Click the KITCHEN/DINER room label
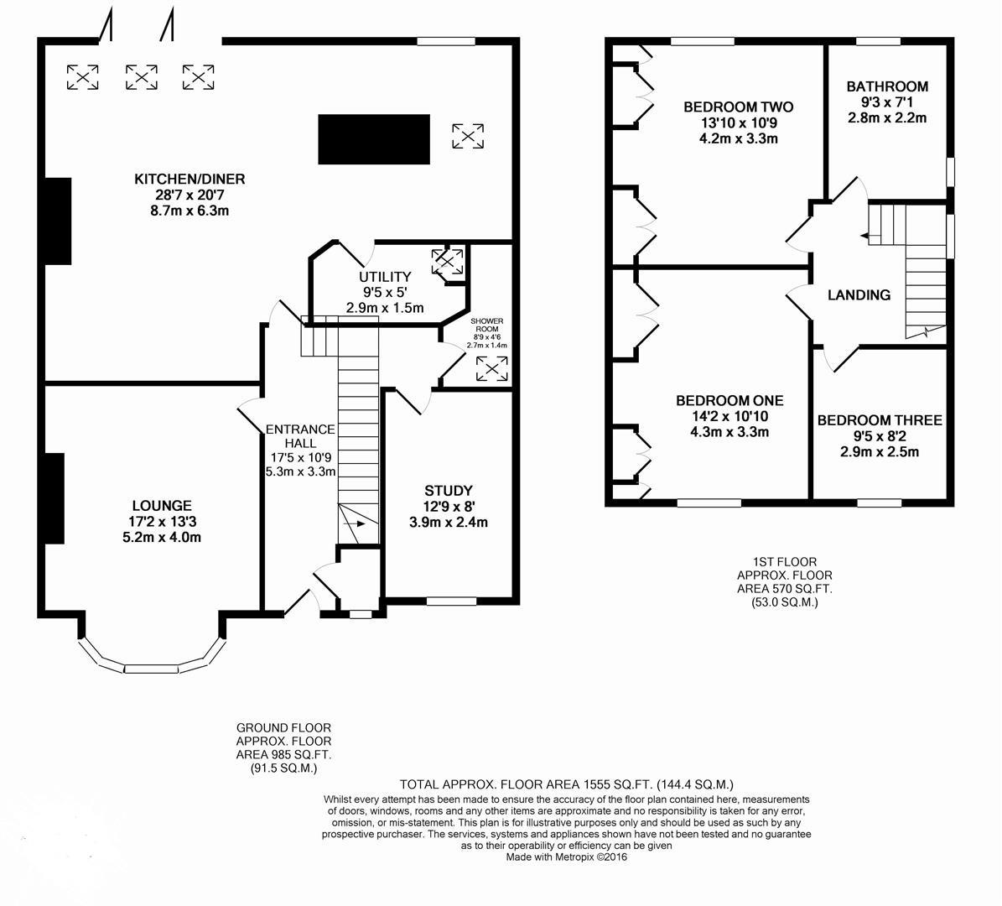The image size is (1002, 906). (x=189, y=179)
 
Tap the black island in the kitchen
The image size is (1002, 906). (x=374, y=139)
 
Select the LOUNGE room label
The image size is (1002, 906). (x=161, y=506)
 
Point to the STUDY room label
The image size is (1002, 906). (x=448, y=490)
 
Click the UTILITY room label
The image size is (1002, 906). (x=385, y=277)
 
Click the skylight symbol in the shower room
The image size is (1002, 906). (x=491, y=367)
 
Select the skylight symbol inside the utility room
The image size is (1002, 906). (x=447, y=262)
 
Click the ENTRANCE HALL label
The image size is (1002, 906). (x=300, y=436)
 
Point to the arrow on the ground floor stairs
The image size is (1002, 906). (x=356, y=523)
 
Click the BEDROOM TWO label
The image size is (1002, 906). (x=738, y=107)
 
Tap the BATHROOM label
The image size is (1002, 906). (x=887, y=86)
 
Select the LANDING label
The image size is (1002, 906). (x=859, y=294)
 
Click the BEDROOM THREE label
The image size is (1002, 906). (x=880, y=420)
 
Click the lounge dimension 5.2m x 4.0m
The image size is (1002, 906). (x=161, y=538)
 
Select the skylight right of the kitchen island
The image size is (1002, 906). (x=467, y=136)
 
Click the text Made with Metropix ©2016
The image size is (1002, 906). (x=566, y=857)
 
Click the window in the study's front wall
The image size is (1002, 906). (x=451, y=601)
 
